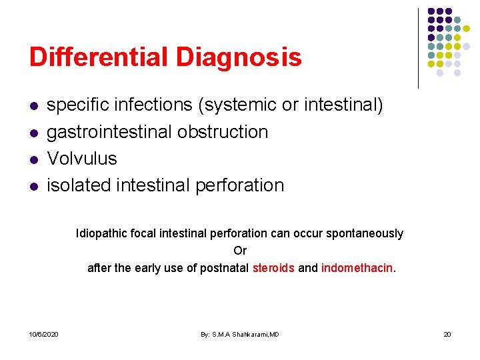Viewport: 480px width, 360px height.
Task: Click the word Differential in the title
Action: click(x=99, y=57)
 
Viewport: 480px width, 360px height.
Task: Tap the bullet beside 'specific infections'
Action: click(x=33, y=106)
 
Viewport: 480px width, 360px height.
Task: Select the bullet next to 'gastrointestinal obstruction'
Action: click(x=33, y=133)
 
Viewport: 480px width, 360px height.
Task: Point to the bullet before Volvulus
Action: click(x=33, y=159)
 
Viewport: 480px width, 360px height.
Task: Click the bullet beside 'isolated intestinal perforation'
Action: click(x=33, y=186)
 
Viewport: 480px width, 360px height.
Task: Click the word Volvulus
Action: click(x=82, y=159)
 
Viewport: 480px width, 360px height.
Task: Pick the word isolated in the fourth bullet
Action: click(x=79, y=185)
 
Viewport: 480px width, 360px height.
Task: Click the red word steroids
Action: click(x=273, y=268)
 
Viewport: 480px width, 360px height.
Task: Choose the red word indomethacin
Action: click(x=357, y=268)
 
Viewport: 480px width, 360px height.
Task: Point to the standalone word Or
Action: click(x=240, y=251)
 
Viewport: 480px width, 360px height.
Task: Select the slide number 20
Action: click(x=447, y=333)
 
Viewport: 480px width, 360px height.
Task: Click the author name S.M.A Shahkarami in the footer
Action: click(x=239, y=333)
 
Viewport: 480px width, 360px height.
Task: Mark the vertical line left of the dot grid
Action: click(x=418, y=48)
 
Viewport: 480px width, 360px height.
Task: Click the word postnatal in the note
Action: click(x=224, y=268)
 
